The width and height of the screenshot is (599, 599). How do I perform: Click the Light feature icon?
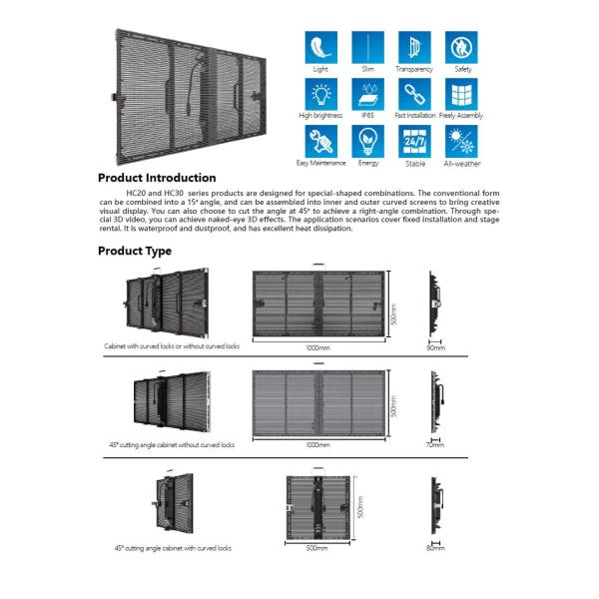tap(320, 47)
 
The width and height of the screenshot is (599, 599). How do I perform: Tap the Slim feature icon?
tap(367, 47)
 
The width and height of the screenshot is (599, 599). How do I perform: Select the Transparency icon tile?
tap(414, 47)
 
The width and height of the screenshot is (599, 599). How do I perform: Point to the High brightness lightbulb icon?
tap(320, 94)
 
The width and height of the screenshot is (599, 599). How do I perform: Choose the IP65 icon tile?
tap(367, 94)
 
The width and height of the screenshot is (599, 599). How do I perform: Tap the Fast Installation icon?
tap(414, 94)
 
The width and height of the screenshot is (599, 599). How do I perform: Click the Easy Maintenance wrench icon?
tap(320, 140)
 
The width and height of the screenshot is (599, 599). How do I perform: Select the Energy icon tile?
tap(367, 140)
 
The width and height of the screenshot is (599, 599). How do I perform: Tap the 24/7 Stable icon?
tap(414, 140)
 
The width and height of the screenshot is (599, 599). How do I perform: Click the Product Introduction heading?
tap(157, 178)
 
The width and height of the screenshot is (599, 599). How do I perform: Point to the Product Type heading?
tap(135, 251)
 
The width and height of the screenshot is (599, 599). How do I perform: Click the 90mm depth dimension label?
tap(435, 349)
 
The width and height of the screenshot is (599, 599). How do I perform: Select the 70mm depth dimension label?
tap(435, 444)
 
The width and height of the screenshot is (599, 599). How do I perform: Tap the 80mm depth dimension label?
tap(435, 547)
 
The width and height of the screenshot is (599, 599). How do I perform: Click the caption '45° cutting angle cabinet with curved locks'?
tap(173, 548)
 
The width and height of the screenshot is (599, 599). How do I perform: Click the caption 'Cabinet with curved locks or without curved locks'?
tap(173, 346)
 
